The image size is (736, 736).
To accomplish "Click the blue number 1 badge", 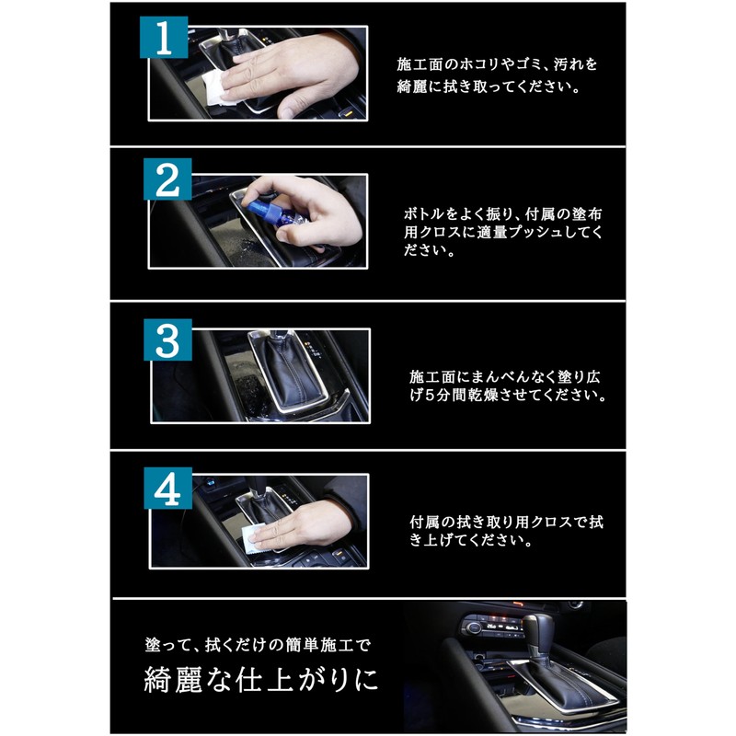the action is [x=164, y=37].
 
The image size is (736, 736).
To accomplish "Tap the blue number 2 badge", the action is [x=167, y=179].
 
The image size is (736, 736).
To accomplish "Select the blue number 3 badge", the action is [x=167, y=339].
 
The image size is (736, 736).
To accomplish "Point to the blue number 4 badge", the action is [x=167, y=489].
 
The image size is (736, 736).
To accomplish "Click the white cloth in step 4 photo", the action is [x=255, y=540].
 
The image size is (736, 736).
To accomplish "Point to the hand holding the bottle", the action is [x=301, y=209].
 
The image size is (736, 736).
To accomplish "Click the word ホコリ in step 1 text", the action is [x=474, y=64].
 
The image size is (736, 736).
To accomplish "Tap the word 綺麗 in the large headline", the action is [x=173, y=680].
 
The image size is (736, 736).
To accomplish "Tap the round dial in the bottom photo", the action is [x=474, y=627].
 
